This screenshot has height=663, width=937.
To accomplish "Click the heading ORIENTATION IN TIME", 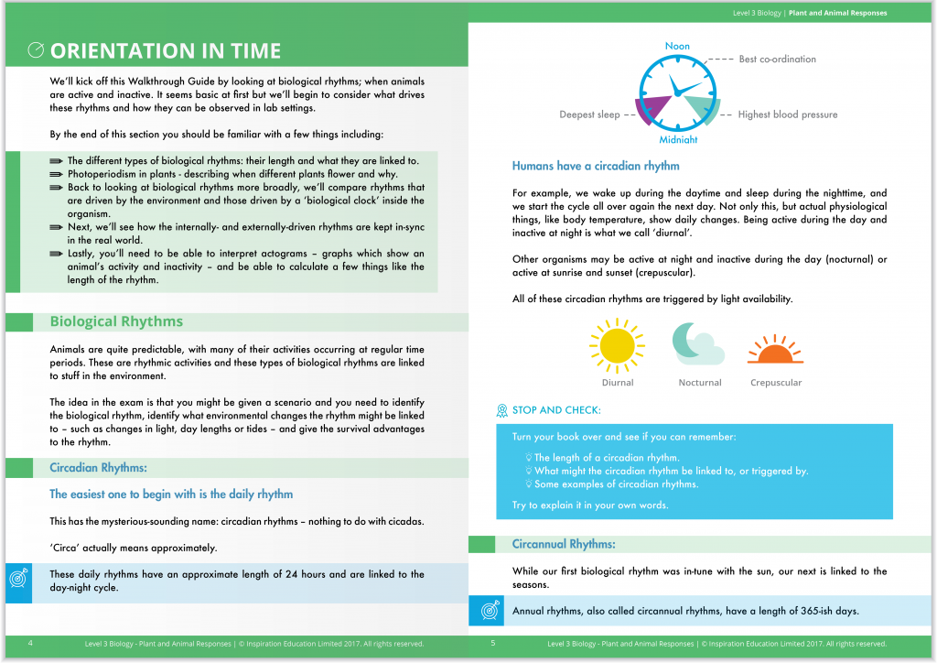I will (x=166, y=50).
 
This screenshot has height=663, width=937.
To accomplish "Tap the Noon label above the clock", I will (x=677, y=46).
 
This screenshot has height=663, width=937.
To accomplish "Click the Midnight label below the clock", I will (x=678, y=140).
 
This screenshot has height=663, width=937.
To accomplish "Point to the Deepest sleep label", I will (x=589, y=115).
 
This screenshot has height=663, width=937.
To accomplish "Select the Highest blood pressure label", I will (x=788, y=115).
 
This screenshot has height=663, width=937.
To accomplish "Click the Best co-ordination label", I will (x=777, y=60).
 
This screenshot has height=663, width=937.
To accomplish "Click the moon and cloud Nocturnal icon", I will (x=698, y=345).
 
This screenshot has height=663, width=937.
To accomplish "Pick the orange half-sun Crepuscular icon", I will (x=775, y=351).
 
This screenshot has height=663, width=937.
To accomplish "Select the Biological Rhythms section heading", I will (x=116, y=321).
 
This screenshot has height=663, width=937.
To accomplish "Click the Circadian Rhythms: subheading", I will (x=98, y=468).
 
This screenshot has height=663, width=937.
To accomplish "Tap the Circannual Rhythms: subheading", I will (x=564, y=544).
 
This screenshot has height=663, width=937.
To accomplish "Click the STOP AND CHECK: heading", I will (x=557, y=410).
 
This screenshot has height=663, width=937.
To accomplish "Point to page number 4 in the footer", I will (x=30, y=644).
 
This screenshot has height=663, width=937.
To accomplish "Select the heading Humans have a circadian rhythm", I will (x=596, y=166).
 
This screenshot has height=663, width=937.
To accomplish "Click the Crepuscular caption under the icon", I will (x=776, y=383).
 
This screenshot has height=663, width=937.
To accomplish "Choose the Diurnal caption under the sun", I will (x=618, y=383).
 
